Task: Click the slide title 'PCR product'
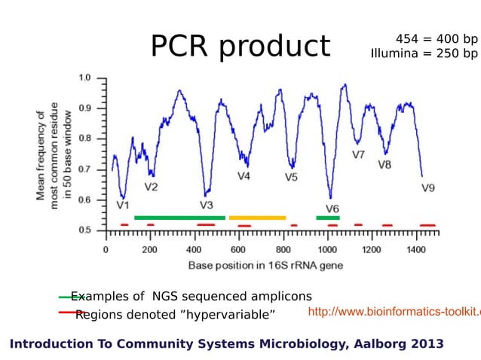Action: [x=240, y=46]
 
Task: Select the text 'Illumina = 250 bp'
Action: [x=424, y=53]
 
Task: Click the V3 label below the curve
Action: [x=207, y=204]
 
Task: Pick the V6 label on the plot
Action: [x=332, y=208]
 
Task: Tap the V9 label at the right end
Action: [x=427, y=188]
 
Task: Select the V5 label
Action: [x=291, y=178]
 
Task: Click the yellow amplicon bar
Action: [x=257, y=218]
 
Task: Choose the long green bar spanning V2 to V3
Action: [x=179, y=218]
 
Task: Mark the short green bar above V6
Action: [x=328, y=218]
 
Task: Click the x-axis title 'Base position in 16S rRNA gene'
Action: [x=265, y=265]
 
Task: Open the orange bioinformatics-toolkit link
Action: [x=394, y=312]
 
